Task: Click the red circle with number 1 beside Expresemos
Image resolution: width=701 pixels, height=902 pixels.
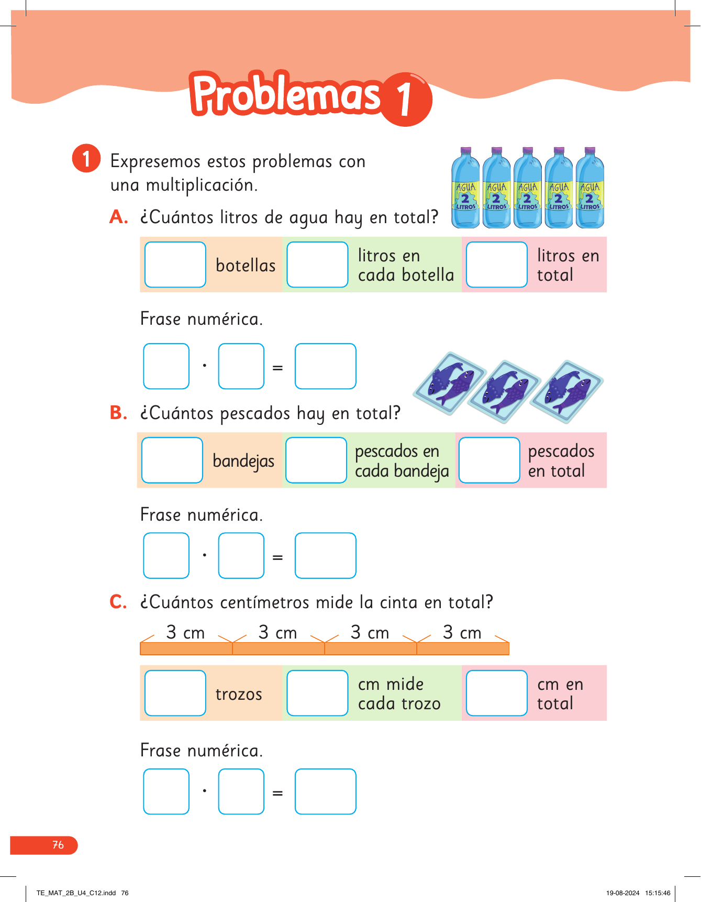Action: click(86, 158)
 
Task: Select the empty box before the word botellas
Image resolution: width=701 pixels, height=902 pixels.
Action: click(175, 265)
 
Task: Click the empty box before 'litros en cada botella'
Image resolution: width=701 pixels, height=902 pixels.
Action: click(317, 265)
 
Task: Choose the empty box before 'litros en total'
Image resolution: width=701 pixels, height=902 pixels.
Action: click(496, 265)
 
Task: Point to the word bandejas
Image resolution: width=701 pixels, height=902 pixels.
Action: click(243, 461)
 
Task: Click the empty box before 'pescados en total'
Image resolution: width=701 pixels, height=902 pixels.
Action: click(489, 460)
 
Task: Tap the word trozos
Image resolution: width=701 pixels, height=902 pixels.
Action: click(239, 694)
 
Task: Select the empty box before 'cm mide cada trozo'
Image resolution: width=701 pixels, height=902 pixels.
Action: click(317, 693)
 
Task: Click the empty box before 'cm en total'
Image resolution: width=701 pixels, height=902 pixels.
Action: click(496, 693)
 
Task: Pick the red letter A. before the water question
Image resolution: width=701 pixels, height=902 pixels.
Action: click(118, 217)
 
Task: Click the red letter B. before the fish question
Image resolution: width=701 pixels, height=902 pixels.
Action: click(118, 413)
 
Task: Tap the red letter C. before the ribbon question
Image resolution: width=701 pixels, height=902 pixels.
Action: click(118, 602)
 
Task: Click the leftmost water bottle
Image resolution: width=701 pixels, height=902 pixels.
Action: click(465, 189)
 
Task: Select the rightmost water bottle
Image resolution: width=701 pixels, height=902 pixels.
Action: click(590, 189)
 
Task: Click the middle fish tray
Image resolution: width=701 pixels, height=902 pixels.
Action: click(505, 390)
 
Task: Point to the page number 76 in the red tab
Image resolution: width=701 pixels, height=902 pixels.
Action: click(58, 845)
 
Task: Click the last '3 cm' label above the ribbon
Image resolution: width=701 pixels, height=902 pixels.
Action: click(462, 632)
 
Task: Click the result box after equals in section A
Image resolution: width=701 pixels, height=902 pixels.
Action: click(325, 366)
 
